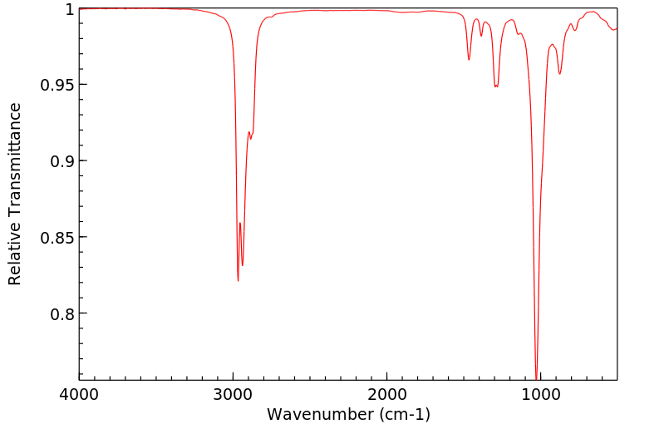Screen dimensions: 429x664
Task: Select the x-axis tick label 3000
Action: point(234,393)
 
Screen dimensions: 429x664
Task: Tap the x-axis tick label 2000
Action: point(387,393)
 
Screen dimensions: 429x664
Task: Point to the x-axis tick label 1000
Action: point(541,393)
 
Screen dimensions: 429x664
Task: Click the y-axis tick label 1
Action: point(68,9)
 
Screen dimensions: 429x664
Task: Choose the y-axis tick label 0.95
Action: point(57,85)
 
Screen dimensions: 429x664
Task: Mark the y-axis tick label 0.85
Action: point(57,238)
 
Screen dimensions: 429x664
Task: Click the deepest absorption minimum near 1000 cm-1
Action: point(536,376)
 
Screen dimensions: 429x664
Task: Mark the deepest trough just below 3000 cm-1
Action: point(238,281)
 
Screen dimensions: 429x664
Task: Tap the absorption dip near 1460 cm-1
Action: point(469,60)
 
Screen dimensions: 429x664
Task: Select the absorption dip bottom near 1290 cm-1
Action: point(496,86)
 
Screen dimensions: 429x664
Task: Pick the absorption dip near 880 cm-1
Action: point(559,74)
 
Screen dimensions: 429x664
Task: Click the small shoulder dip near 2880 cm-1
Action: point(251,137)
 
